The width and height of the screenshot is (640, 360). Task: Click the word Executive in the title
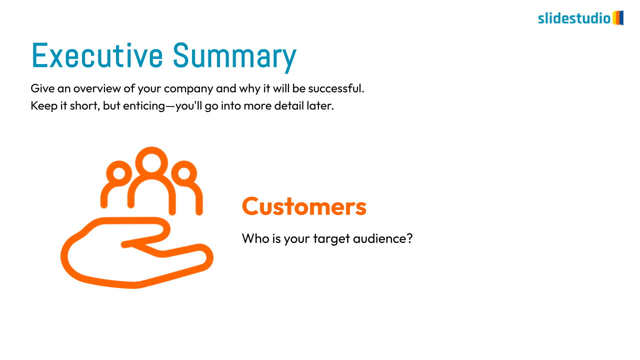97,55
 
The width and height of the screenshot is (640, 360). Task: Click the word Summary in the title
235,57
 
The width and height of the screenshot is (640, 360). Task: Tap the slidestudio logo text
574,18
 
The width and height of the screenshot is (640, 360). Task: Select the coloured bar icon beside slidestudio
617,18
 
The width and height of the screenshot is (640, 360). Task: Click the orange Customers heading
304,206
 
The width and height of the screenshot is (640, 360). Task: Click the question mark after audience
409,238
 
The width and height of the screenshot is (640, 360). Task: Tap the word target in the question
331,239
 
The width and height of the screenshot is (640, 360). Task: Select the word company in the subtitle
188,89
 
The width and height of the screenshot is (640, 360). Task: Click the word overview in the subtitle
97,88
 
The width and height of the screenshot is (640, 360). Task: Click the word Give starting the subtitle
42,88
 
